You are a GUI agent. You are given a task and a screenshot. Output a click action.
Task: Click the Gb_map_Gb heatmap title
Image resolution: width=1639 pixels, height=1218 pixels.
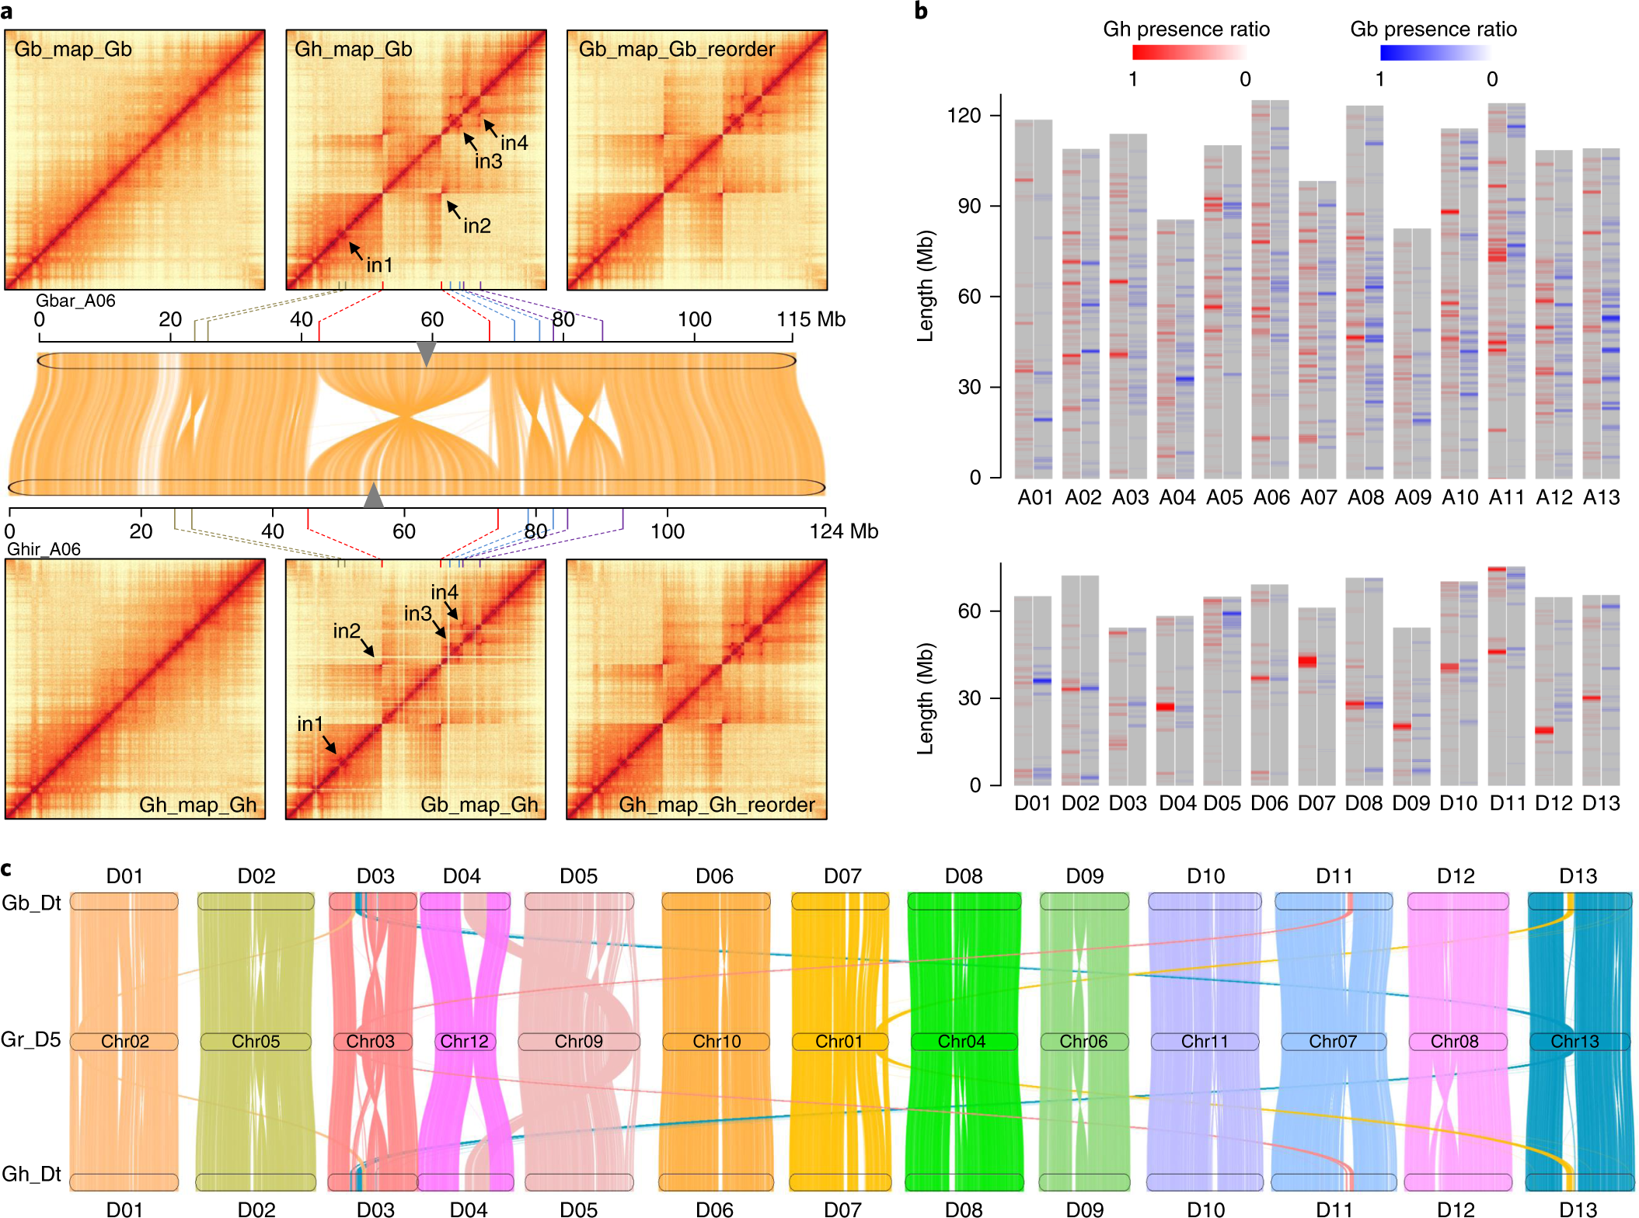tap(73, 49)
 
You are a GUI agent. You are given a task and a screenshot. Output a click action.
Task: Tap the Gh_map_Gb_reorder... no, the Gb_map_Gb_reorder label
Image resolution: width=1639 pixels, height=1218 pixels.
tap(676, 49)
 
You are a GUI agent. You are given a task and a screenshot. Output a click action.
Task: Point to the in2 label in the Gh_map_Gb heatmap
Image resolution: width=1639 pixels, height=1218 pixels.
tap(477, 226)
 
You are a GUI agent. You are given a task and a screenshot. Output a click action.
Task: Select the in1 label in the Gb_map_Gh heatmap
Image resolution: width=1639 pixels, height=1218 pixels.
tap(309, 724)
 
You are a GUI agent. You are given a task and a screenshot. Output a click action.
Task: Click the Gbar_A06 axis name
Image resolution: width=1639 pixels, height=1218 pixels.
tap(75, 301)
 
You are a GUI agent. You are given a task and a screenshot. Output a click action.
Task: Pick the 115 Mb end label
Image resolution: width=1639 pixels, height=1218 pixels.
tap(811, 319)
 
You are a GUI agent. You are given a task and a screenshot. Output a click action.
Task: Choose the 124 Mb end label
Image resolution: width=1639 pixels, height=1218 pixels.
tap(843, 531)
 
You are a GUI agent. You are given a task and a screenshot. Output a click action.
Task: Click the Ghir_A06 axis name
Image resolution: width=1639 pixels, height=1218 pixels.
tap(44, 549)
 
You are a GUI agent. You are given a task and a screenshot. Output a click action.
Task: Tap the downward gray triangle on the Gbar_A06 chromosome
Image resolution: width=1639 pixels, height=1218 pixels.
tap(426, 353)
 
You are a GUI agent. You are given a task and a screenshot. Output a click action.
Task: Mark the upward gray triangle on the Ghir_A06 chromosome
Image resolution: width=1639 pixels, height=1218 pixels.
tap(374, 495)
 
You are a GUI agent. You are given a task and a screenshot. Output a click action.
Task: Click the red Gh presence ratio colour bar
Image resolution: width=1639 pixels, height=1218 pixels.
tap(1189, 53)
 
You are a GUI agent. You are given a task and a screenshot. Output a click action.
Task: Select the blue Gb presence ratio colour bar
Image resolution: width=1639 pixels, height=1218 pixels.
tap(1435, 53)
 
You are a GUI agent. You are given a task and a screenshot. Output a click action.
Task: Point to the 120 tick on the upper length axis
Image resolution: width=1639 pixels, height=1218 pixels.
tap(964, 116)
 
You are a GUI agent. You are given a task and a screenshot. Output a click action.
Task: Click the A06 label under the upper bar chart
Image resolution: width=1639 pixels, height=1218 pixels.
tap(1271, 497)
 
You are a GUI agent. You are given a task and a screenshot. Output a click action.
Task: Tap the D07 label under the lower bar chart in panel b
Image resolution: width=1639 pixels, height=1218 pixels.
tap(1316, 803)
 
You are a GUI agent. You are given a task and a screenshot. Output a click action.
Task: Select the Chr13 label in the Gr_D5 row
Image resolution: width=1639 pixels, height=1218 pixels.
tap(1574, 1041)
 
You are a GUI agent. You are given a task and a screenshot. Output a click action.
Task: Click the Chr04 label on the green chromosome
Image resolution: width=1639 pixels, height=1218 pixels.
tap(961, 1041)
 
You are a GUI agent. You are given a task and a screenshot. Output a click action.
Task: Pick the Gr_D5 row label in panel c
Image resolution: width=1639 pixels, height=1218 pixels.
tap(31, 1039)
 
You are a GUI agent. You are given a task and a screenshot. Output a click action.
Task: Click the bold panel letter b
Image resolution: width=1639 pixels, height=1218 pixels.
tap(921, 11)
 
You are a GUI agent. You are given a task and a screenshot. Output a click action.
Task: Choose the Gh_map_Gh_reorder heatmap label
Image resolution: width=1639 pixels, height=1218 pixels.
tap(717, 805)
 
